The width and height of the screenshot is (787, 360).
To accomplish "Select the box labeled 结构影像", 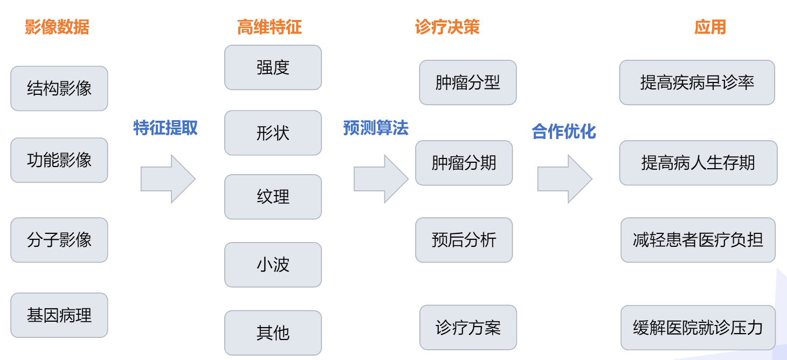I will [59, 88].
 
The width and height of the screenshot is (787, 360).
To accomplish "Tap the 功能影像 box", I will [59, 160].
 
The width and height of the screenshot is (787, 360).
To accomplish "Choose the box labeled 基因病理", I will [59, 315].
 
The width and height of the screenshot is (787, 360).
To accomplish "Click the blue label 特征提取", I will [165, 128].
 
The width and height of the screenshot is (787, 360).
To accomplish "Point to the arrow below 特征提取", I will [168, 179].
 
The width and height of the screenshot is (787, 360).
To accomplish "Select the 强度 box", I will [273, 67].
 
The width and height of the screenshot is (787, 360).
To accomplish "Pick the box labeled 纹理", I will [273, 197].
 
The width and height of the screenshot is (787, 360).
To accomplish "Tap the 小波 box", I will [273, 265].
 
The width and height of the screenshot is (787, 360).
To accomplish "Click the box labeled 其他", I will [273, 333].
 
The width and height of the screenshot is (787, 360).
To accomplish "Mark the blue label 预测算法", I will [376, 128].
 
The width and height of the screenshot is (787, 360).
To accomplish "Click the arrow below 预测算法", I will [381, 179].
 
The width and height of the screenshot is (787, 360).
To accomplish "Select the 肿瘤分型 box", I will [468, 82].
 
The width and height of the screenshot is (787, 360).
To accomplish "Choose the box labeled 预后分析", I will [464, 240].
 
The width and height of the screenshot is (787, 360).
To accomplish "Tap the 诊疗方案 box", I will [468, 327].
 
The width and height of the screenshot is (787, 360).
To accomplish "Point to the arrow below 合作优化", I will [564, 179].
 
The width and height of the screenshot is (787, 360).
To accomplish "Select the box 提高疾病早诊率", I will [697, 82].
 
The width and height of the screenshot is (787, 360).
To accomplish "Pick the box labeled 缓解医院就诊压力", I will [698, 328].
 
